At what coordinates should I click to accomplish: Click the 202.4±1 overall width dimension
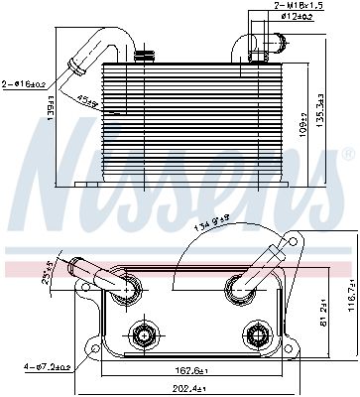click(x=180, y=388)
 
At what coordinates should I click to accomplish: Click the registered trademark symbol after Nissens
click(x=347, y=156)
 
